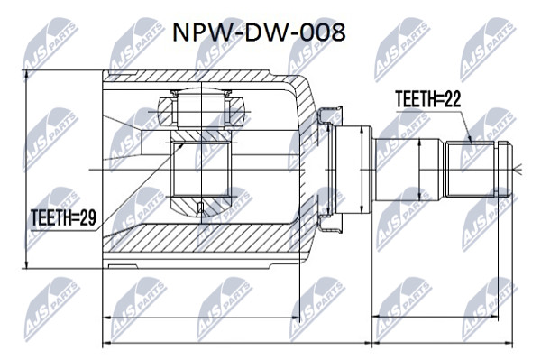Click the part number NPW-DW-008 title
coord(259,32)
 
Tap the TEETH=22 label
coord(427,99)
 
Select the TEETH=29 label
coord(63,217)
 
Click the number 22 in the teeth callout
coord(453,99)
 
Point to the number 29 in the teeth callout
coord(88,217)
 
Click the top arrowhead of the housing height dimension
coord(26,75)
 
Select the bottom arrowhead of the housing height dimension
coord(26,264)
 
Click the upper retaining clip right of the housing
coord(330,116)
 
